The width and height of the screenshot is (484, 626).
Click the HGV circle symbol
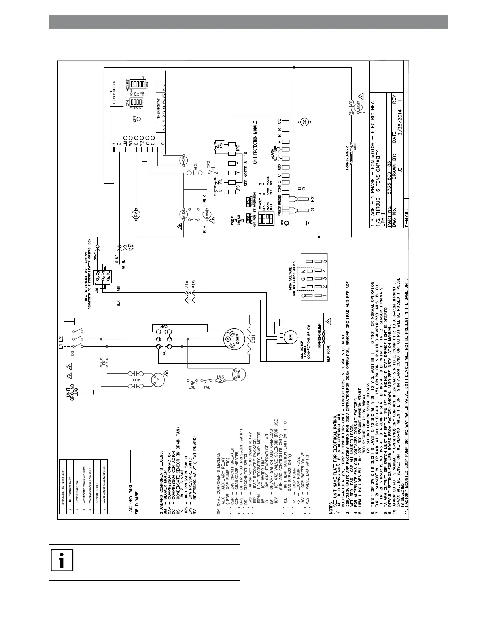pyautogui.click(x=183, y=160)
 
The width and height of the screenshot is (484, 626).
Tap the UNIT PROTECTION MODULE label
pyautogui.click(x=255, y=142)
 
